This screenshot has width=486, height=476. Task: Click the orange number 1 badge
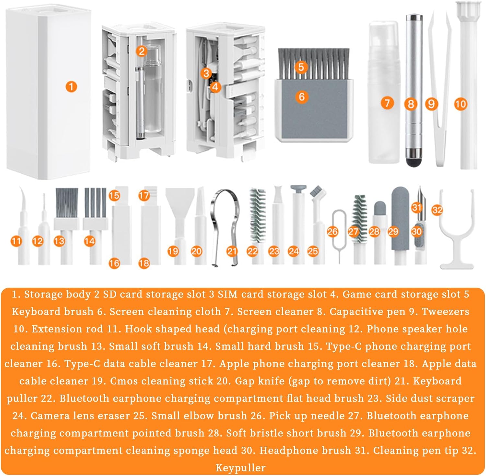click(71, 87)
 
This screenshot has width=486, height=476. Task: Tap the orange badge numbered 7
click(387, 103)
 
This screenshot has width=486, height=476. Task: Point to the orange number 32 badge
click(437, 210)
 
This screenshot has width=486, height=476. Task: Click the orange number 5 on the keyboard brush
click(301, 67)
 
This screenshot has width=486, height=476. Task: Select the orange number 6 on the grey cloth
click(302, 96)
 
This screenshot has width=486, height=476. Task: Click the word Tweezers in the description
click(445, 312)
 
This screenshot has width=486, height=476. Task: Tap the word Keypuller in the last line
click(240, 468)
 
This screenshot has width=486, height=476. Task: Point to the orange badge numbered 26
click(333, 232)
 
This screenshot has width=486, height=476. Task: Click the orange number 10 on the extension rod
click(460, 104)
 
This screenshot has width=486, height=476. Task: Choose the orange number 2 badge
click(141, 51)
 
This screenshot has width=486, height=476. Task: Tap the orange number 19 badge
click(173, 251)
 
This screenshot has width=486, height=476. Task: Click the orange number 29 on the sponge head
click(393, 232)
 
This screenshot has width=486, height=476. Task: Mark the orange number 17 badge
click(144, 196)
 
